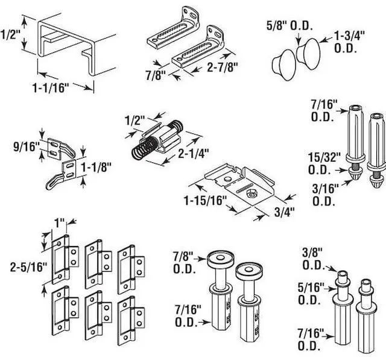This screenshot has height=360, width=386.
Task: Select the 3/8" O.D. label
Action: coord(313,259)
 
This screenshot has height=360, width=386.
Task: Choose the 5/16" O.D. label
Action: coord(313,292)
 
